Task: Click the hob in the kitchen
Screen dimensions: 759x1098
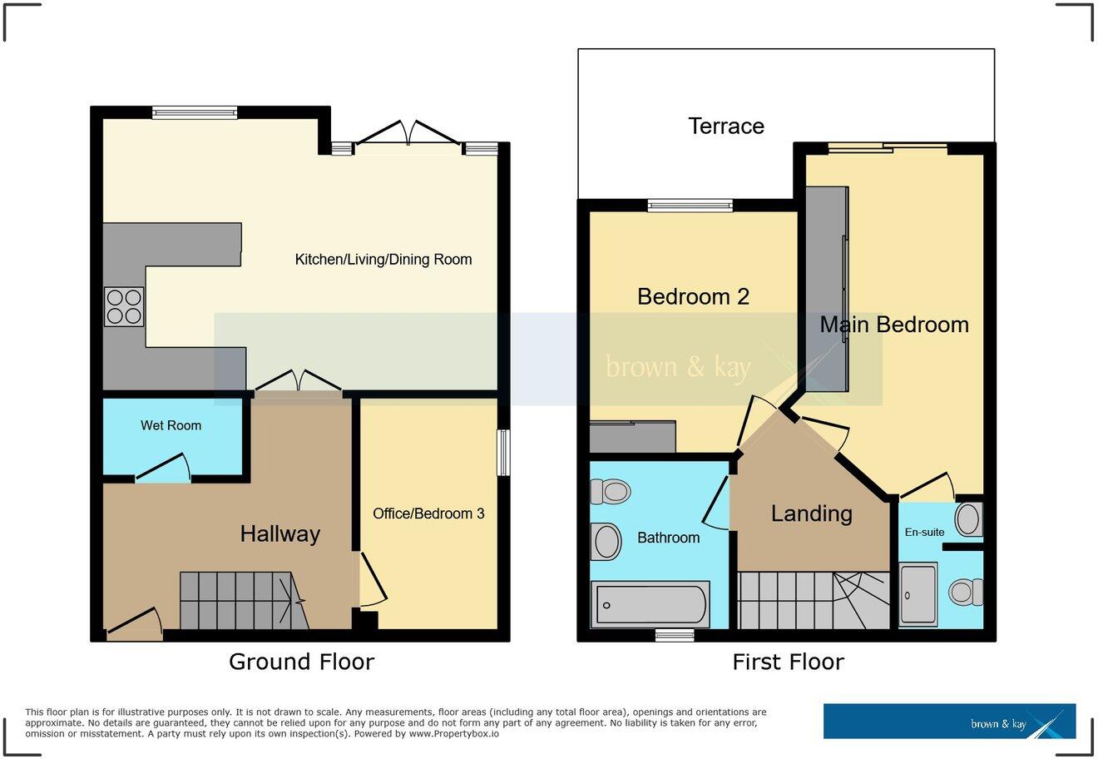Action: pos(124,306)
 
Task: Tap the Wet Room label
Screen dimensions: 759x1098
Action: pos(171,425)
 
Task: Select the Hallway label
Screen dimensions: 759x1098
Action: pos(279,533)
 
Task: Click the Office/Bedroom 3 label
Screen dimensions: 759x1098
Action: pos(428,513)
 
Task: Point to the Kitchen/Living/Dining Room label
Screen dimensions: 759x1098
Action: pos(383,260)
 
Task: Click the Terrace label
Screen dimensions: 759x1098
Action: pos(726,126)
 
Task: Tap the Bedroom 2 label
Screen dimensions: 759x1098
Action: pos(693,296)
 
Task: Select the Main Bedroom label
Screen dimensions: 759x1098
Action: pos(894,325)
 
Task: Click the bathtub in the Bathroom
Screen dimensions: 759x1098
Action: pos(650,603)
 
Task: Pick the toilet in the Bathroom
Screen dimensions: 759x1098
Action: pos(610,492)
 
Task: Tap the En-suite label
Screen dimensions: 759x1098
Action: pos(925,532)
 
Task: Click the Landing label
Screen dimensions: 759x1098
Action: pos(811,513)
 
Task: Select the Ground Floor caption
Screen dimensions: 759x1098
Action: pos(301,662)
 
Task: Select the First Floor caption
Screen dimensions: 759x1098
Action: pos(788,662)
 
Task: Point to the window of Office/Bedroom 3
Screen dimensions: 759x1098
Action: pos(502,453)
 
